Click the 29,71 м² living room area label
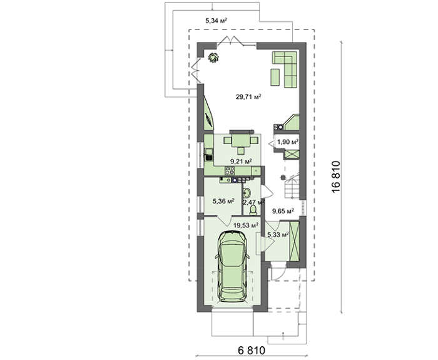tap(248, 97)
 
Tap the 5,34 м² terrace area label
tap(216, 20)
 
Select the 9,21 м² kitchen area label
tap(241, 162)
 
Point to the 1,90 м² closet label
tap(287, 141)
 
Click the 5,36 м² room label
tap(223, 201)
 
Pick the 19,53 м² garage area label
tap(245, 225)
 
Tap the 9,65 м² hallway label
tap(283, 211)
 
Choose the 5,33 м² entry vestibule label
tap(278, 235)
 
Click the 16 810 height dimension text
tap(337, 177)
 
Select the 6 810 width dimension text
tap(251, 350)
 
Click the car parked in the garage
tap(232, 266)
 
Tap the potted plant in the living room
tap(213, 58)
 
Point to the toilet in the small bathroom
tap(253, 210)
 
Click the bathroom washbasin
tap(247, 193)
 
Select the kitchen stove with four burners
tap(230, 170)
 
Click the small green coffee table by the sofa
tap(275, 77)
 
